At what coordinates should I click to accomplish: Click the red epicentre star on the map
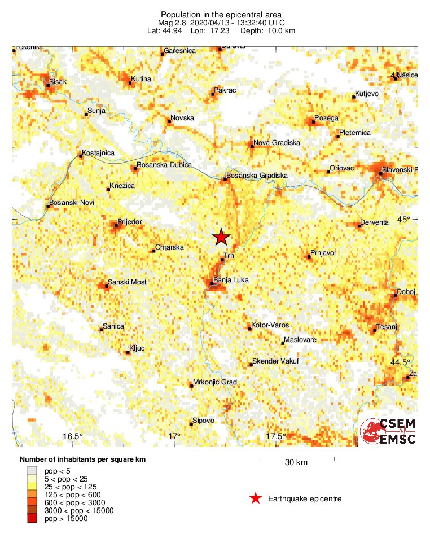point(221,238)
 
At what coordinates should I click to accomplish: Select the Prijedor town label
point(129,221)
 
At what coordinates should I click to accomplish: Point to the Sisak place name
point(58,82)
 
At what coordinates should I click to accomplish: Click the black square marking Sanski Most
point(107,286)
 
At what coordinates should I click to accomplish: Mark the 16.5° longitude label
point(73,436)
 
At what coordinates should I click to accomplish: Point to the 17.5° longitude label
point(275,436)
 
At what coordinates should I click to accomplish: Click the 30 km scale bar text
point(296,463)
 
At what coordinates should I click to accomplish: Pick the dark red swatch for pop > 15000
point(32,518)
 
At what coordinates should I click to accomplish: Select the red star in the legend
point(256,498)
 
